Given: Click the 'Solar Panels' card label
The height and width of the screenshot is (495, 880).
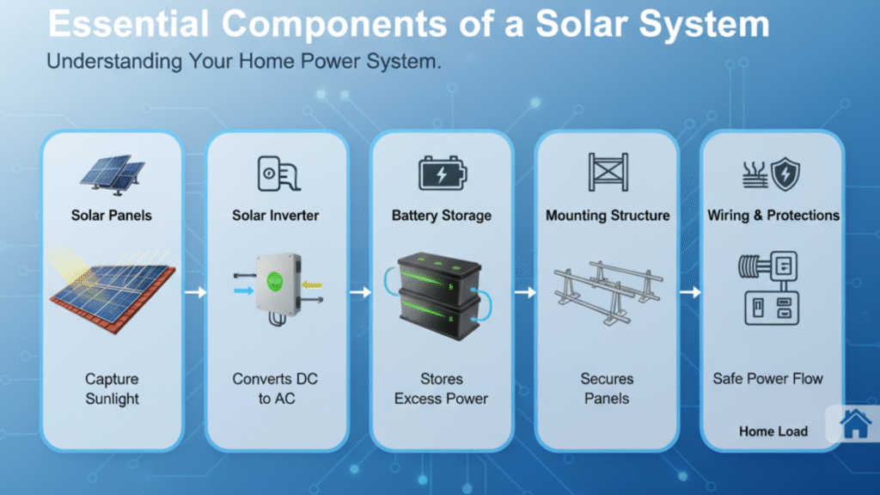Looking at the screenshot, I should (112, 215).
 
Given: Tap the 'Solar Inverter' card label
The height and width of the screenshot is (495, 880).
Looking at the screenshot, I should (276, 215).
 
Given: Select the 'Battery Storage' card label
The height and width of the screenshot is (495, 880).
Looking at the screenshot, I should (441, 215).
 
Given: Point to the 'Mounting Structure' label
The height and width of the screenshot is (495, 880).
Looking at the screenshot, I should (608, 215).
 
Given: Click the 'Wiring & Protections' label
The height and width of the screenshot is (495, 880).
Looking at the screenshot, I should (773, 215).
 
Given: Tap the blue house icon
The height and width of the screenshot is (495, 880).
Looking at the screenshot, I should (855, 424).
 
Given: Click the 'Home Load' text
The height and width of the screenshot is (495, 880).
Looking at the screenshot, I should (773, 431).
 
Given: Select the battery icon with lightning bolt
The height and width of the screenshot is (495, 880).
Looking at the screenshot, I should (442, 173).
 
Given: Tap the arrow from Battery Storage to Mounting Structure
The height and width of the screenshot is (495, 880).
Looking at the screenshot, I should (524, 293).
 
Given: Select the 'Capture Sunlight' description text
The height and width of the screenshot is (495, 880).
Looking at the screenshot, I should (112, 388).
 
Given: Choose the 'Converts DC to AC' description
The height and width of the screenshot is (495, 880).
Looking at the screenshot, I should (276, 388).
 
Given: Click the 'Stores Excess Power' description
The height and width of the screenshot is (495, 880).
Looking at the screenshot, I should (441, 388).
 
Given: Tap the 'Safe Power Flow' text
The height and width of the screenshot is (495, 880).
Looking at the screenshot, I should (767, 378).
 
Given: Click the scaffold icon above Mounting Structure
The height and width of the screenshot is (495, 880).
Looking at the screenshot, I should (608, 173).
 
